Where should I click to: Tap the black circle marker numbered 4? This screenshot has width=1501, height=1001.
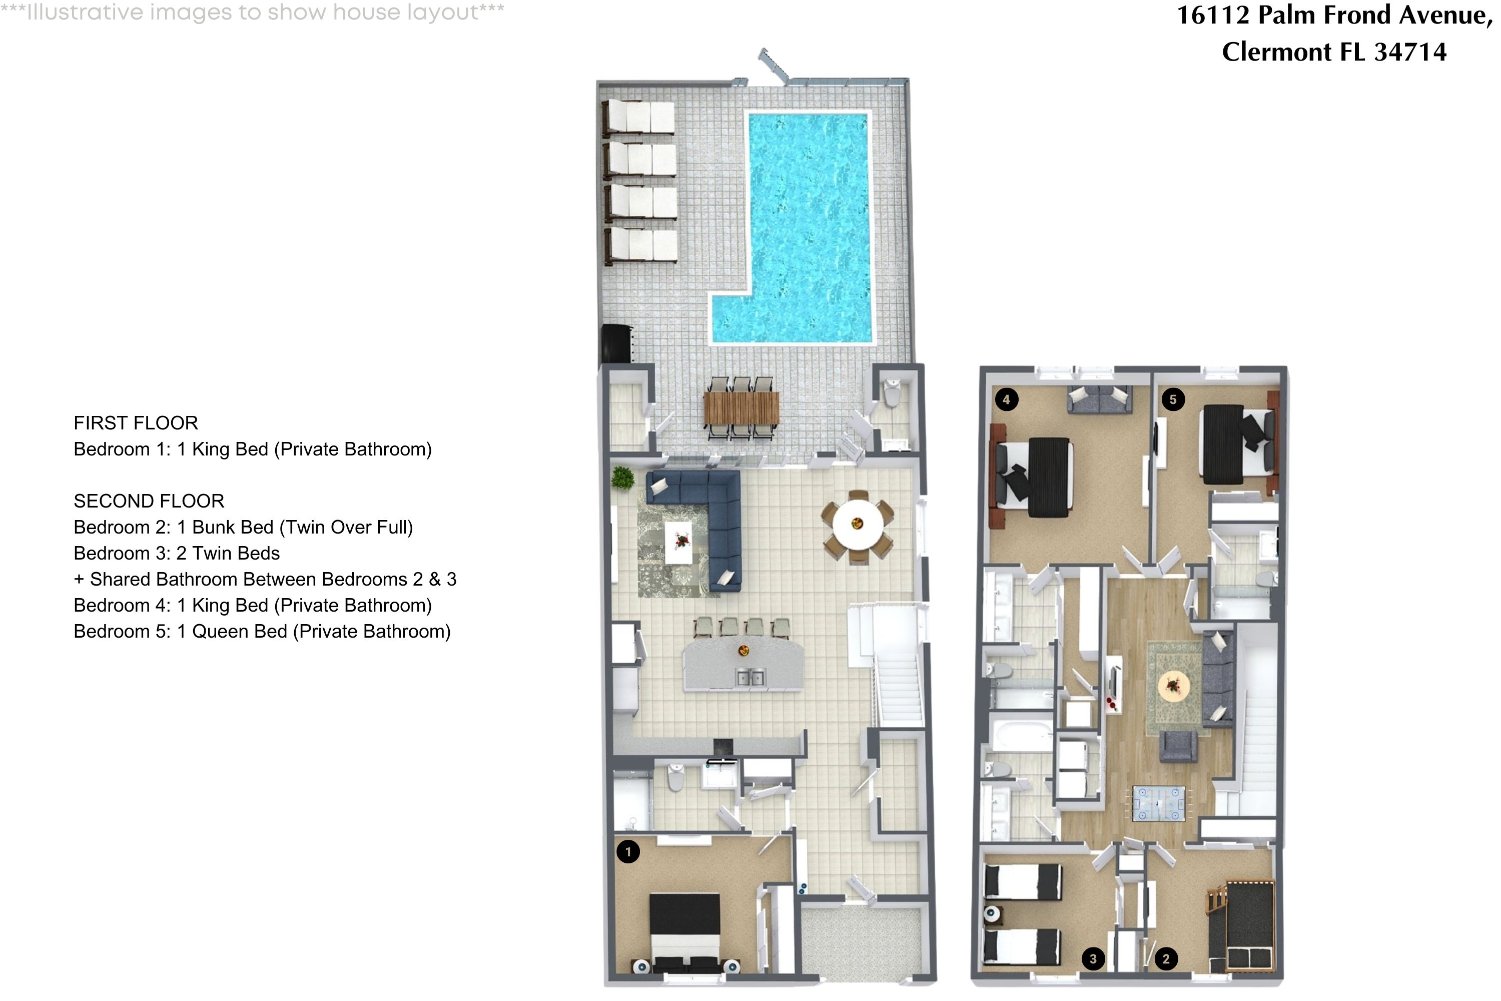(x=1006, y=399)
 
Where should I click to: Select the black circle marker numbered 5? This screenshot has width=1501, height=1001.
(x=1173, y=399)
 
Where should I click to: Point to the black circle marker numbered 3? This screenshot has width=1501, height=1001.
(x=1093, y=958)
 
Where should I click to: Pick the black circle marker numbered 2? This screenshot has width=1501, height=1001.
(x=1166, y=958)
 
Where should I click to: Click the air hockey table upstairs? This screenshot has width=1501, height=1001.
(x=1158, y=803)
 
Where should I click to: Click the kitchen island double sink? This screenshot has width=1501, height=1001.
(x=750, y=677)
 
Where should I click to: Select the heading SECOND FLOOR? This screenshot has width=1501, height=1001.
(x=149, y=501)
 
